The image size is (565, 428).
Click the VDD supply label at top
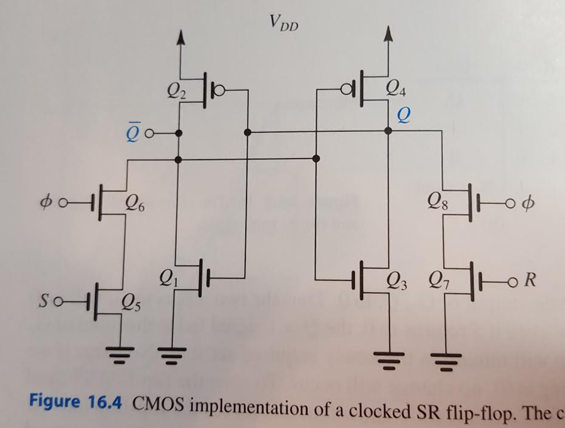coord(283,23)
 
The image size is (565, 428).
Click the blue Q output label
coord(403,115)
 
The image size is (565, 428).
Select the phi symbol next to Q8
coord(527,203)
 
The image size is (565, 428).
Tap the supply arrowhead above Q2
coord(180,37)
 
